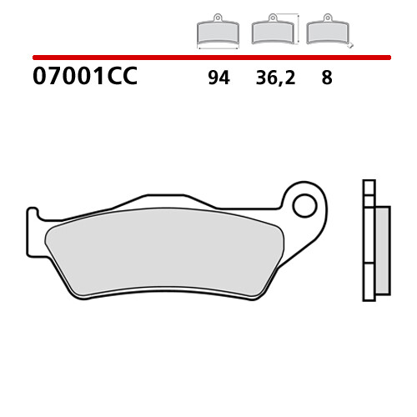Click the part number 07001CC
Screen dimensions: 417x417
coord(85,76)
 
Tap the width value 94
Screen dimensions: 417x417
coord(219,78)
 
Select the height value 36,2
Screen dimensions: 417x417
coord(275,78)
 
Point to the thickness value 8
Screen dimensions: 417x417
coord(327,78)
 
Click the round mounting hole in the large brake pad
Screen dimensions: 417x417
coord(304,206)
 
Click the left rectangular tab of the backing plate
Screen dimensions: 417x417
coord(33,232)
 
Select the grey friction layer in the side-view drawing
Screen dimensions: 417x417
coord(383,250)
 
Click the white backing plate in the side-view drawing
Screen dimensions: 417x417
coord(369,240)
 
